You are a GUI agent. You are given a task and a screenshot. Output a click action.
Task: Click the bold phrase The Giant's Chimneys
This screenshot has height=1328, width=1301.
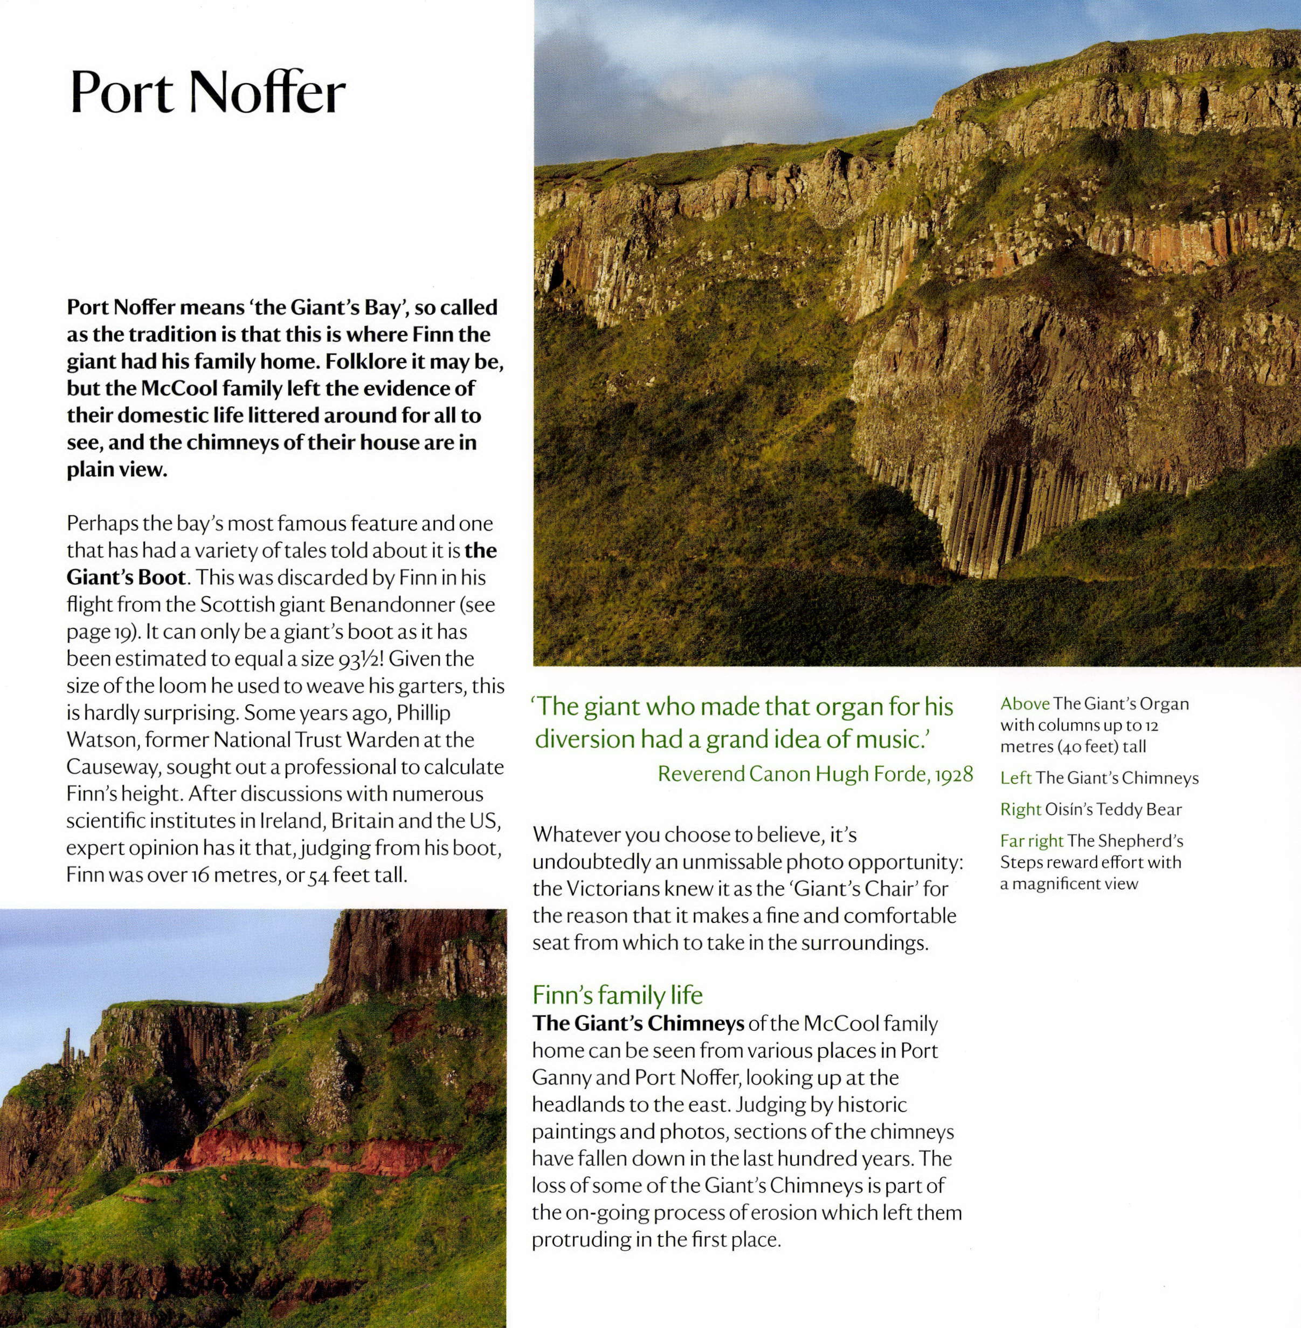(638, 1023)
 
